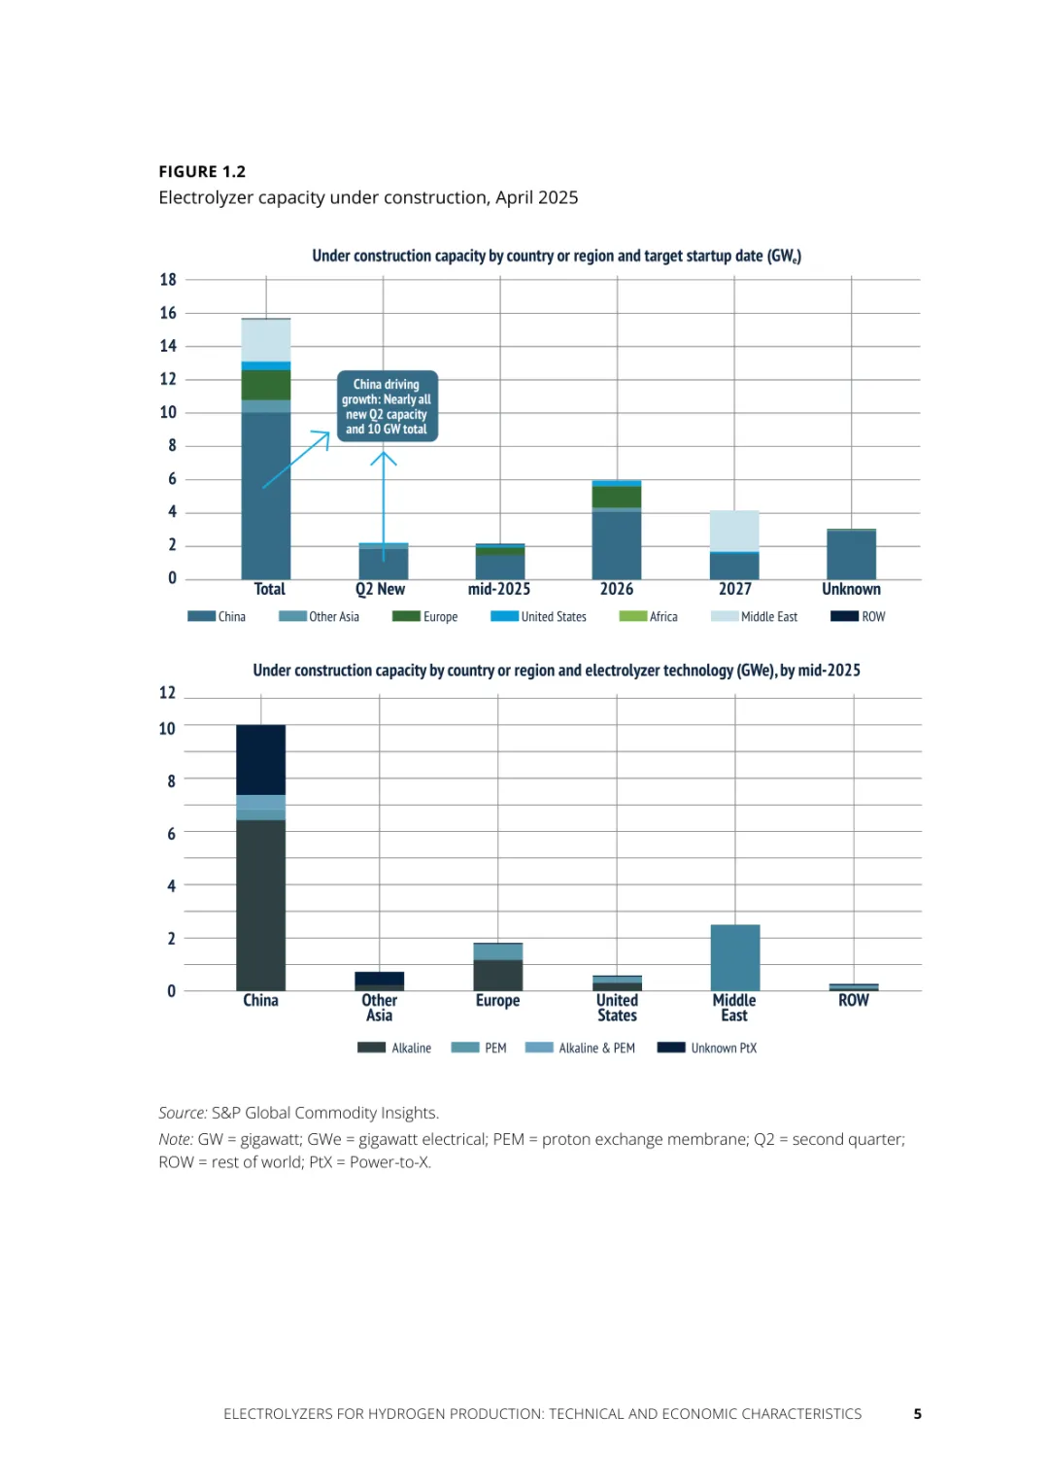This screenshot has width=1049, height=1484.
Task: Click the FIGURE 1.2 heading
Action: click(x=202, y=172)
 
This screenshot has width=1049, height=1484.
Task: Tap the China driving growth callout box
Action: click(x=387, y=406)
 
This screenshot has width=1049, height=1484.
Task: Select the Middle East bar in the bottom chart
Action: click(x=735, y=957)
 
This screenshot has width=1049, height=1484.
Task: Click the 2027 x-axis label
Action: click(x=734, y=589)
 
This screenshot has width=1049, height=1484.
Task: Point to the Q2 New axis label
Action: click(x=380, y=589)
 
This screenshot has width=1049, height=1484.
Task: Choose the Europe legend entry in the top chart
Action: click(x=425, y=616)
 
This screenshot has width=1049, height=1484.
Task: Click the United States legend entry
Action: click(x=539, y=616)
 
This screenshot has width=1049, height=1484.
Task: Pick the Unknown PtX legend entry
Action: click(x=707, y=1048)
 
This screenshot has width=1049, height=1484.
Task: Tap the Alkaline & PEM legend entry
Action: click(x=581, y=1048)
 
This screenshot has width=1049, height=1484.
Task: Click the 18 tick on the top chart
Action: click(x=168, y=280)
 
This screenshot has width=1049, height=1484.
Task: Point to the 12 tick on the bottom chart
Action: click(x=167, y=693)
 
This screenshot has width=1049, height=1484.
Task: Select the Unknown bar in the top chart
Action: click(x=851, y=554)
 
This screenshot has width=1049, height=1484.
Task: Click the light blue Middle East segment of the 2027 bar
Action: click(x=734, y=531)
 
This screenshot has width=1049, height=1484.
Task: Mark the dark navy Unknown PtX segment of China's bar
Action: click(x=260, y=760)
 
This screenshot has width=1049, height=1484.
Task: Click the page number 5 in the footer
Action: click(x=917, y=1414)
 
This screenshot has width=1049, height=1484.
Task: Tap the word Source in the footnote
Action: click(x=182, y=1113)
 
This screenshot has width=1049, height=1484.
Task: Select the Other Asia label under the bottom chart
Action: click(x=379, y=1008)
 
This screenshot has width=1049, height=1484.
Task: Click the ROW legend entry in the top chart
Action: click(x=859, y=616)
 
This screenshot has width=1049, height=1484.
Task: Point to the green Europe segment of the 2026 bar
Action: click(x=617, y=497)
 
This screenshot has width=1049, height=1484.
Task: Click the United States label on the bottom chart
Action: click(x=617, y=1008)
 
